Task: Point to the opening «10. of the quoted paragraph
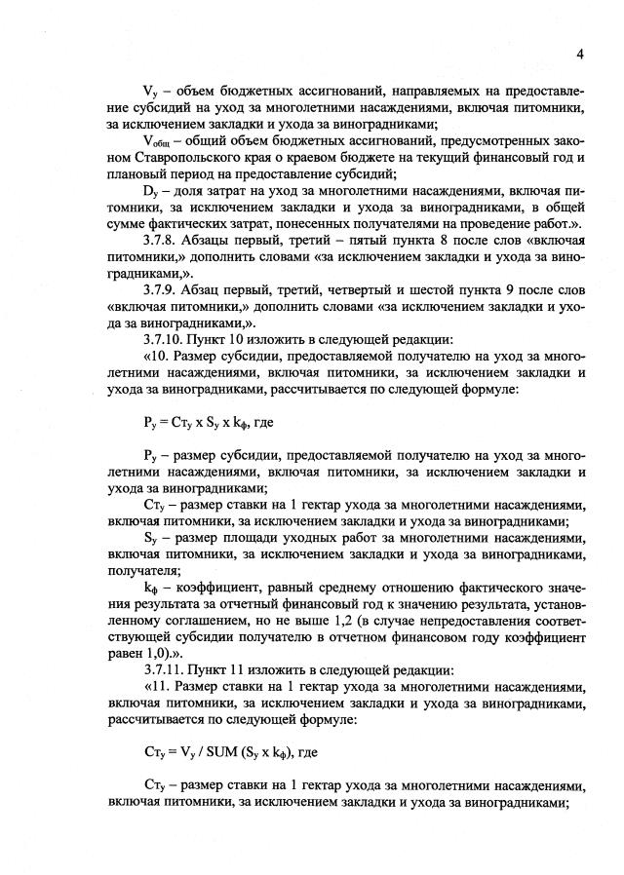coord(156,377)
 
